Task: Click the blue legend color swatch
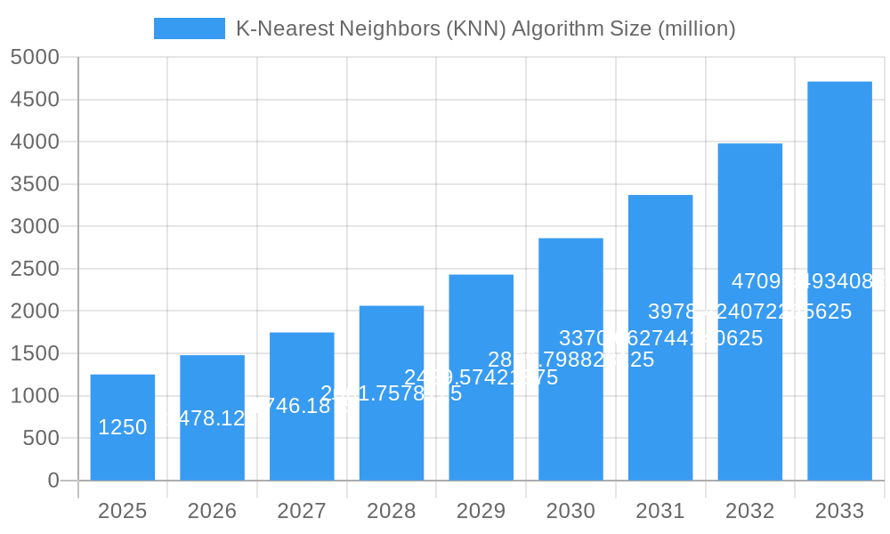click(x=189, y=28)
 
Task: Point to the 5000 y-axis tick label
click(x=35, y=58)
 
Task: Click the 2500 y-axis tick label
click(x=35, y=269)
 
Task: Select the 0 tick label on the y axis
click(x=53, y=481)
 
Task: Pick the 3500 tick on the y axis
click(x=35, y=184)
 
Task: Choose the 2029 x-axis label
click(x=481, y=511)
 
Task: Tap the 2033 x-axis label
click(x=839, y=511)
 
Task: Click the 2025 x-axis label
click(x=123, y=511)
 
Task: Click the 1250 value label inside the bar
click(x=123, y=427)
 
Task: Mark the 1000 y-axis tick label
click(x=35, y=396)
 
